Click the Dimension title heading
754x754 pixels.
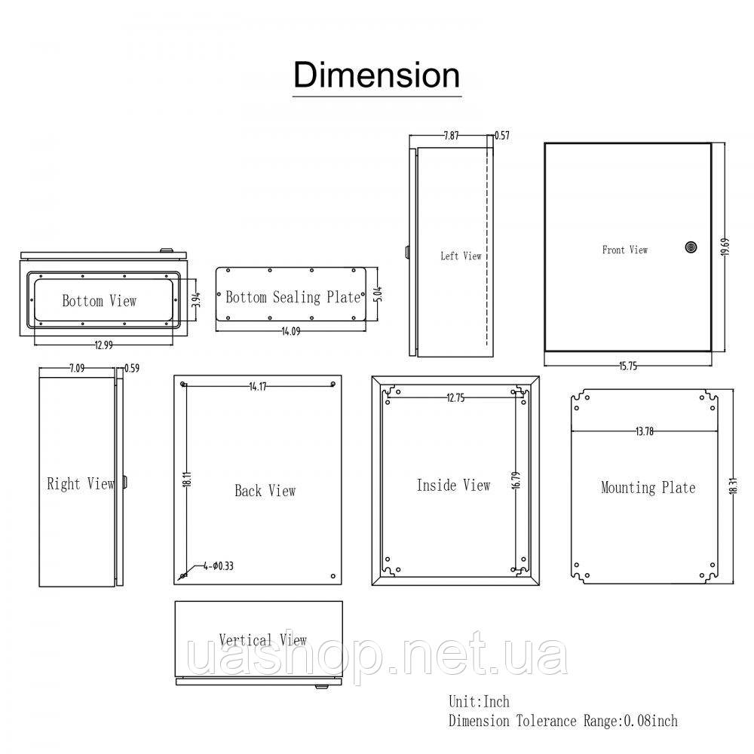click(x=376, y=75)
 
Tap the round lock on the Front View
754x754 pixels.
click(x=691, y=247)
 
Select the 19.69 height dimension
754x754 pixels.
click(x=725, y=247)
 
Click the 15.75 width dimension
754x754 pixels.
click(x=628, y=366)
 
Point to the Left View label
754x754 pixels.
click(x=461, y=256)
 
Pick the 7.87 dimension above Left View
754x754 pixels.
click(x=451, y=136)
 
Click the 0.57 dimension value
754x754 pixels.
click(x=502, y=136)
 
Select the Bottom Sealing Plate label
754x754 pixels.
click(x=293, y=297)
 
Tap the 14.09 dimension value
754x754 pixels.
click(x=291, y=331)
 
